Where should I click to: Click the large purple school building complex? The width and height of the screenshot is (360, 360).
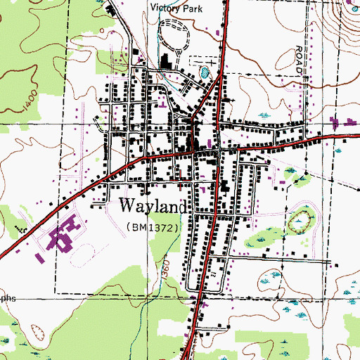point(64,236)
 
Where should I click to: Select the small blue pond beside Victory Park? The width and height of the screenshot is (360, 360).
point(205,72)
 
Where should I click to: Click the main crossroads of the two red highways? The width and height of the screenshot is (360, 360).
point(219,148)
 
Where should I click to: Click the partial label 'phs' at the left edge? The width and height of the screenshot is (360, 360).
point(7,298)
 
